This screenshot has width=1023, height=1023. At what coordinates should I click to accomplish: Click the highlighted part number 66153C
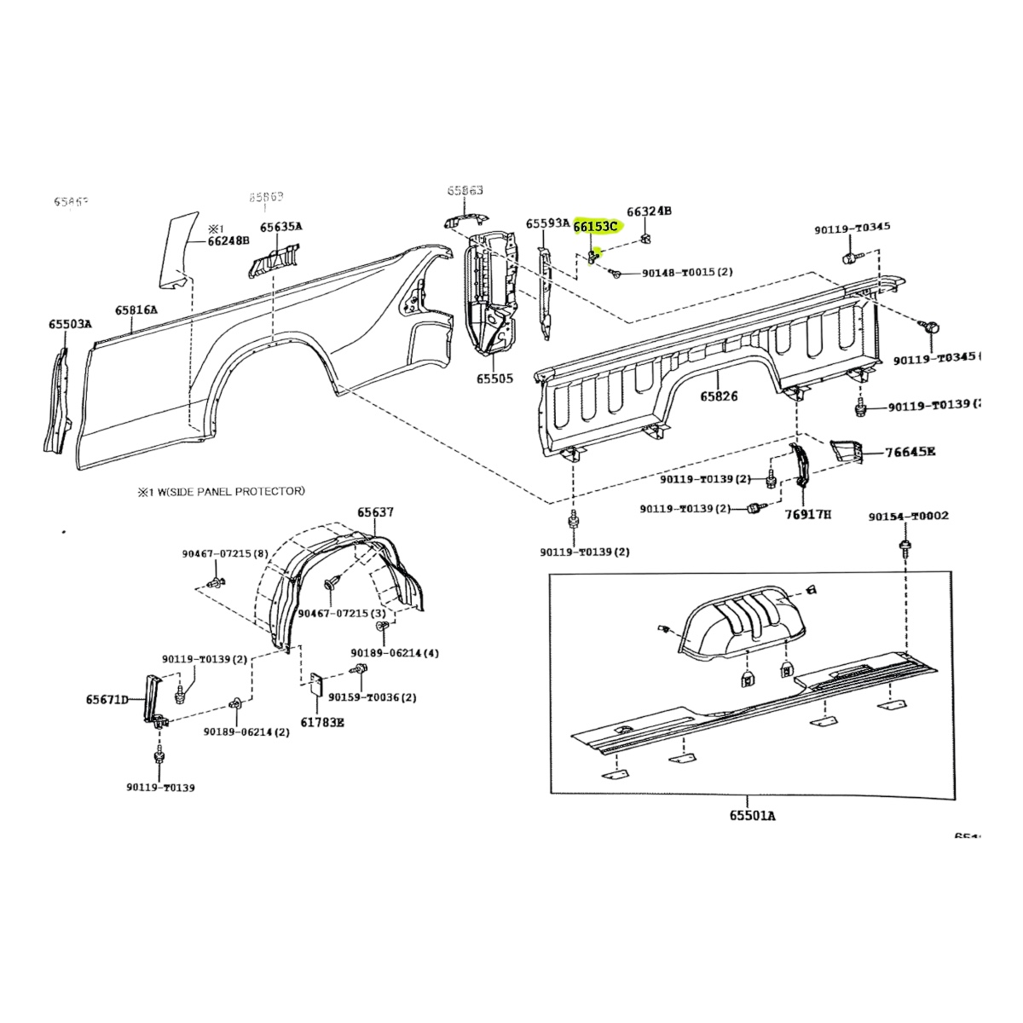tap(595, 227)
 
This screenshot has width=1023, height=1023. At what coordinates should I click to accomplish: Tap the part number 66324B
tap(649, 211)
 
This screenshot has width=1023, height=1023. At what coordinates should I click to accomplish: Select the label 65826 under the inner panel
tap(719, 396)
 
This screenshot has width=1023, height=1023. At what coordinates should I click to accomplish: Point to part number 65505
tap(494, 378)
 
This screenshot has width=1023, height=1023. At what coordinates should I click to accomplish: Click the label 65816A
tap(136, 310)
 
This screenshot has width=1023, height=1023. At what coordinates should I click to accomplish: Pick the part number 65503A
tap(70, 324)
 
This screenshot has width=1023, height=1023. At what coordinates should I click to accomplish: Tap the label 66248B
tap(228, 241)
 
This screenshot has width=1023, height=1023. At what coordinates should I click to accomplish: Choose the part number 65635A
tap(281, 227)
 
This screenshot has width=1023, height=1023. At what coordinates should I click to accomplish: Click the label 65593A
tap(547, 223)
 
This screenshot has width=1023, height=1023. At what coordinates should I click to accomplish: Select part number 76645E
tap(910, 452)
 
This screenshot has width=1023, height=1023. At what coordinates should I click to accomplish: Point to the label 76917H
tap(807, 515)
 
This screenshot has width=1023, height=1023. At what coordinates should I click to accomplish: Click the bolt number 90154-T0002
tap(909, 517)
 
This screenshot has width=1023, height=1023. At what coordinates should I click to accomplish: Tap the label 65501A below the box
tap(752, 816)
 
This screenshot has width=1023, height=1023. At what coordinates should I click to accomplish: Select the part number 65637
tap(375, 512)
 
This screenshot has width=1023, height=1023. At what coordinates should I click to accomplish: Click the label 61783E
tap(322, 723)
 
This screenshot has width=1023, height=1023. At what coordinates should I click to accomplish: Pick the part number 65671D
tap(107, 700)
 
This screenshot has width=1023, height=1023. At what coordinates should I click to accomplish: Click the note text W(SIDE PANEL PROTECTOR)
tap(227, 491)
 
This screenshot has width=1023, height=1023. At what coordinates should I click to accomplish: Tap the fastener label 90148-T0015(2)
tap(687, 273)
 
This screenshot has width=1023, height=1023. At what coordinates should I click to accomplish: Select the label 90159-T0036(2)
tap(386, 696)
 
